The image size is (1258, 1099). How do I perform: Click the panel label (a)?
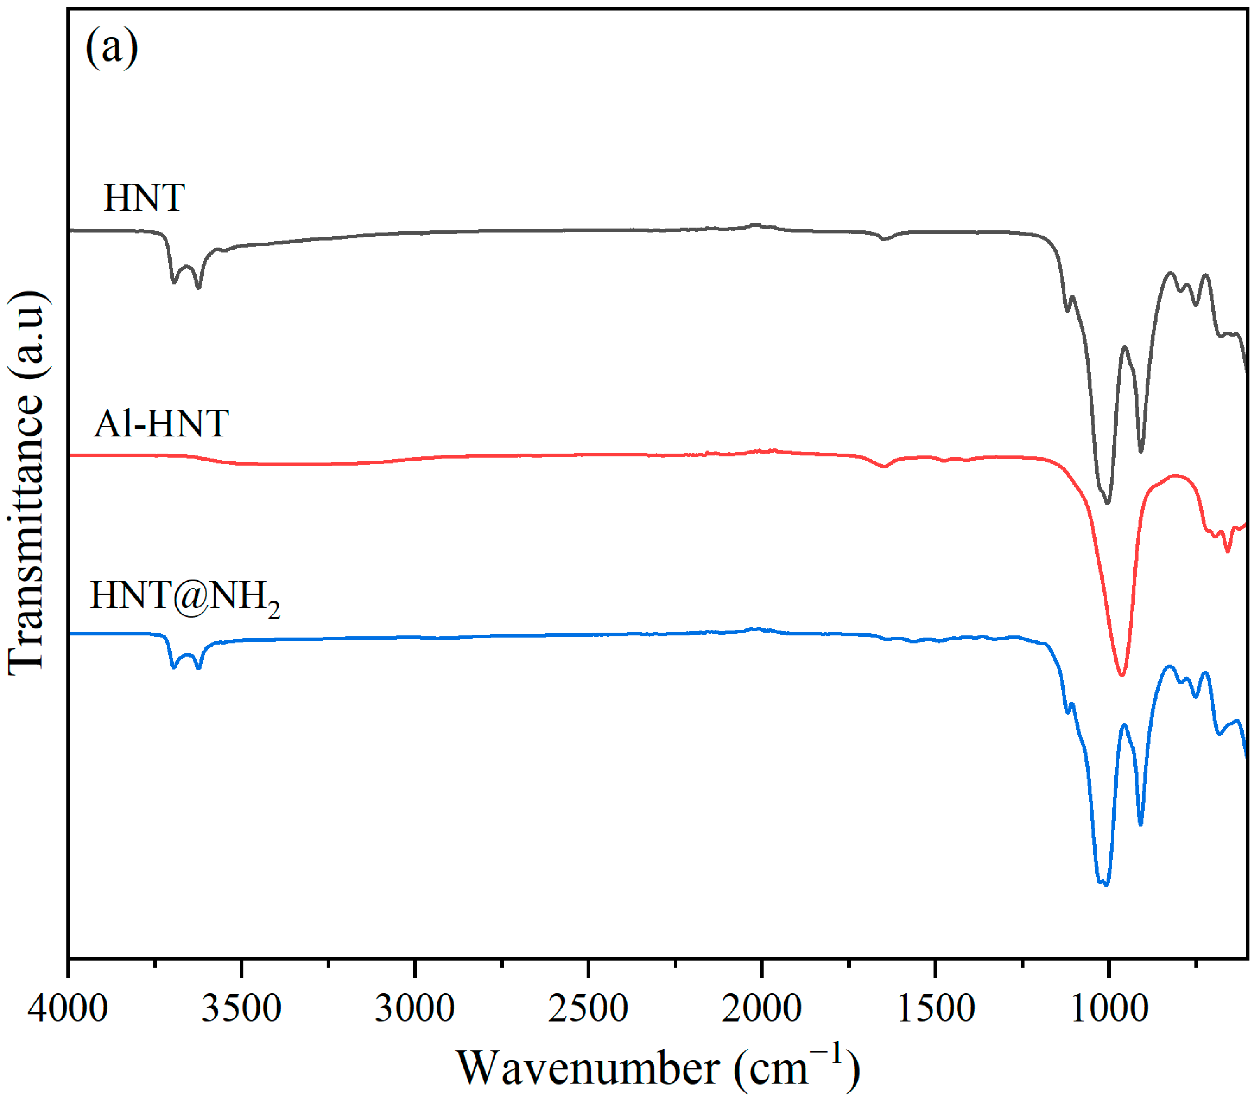point(112,48)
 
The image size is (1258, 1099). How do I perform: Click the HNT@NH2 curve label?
point(184,596)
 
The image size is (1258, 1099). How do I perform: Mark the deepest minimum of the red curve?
point(1122,675)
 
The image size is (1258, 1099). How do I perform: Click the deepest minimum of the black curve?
point(1107,503)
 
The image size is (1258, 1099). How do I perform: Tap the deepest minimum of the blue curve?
point(1106,885)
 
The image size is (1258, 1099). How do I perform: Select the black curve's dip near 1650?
point(883,239)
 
